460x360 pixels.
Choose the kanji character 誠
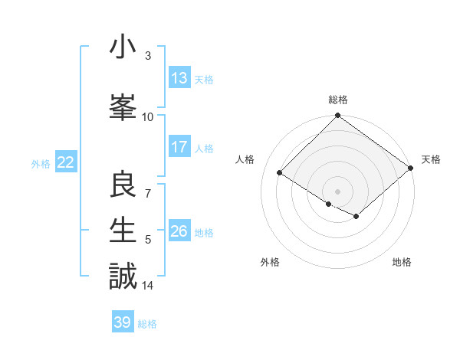(123, 275)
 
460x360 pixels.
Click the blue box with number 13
(179, 78)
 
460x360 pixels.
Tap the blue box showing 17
(179, 147)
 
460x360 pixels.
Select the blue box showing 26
(179, 232)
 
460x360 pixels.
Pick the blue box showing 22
(65, 162)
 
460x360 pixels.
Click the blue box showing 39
(123, 322)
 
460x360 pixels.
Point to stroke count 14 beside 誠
(149, 286)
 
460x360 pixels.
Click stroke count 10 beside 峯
(148, 116)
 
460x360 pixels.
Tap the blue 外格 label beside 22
(41, 163)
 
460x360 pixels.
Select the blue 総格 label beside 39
(148, 324)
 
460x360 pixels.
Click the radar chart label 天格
(432, 159)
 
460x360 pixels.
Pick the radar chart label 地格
(402, 263)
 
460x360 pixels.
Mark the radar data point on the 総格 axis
(337, 116)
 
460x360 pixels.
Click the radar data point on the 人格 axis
(280, 173)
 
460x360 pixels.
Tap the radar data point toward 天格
(411, 169)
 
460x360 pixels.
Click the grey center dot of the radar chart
(337, 191)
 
